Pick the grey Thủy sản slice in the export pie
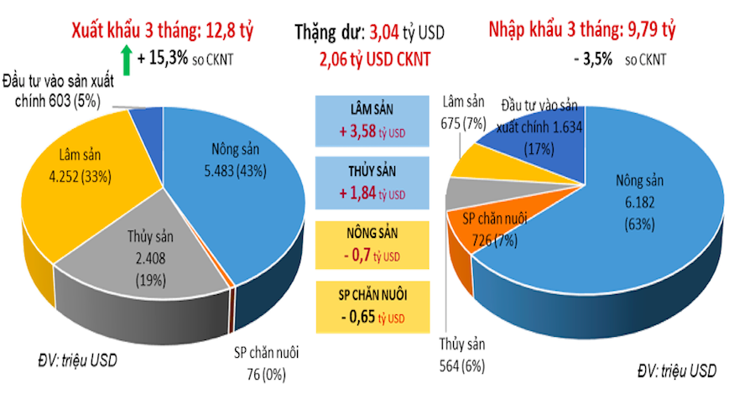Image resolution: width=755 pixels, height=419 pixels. [x=155, y=260]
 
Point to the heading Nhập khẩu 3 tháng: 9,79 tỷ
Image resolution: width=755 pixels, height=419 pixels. [x=582, y=31]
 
